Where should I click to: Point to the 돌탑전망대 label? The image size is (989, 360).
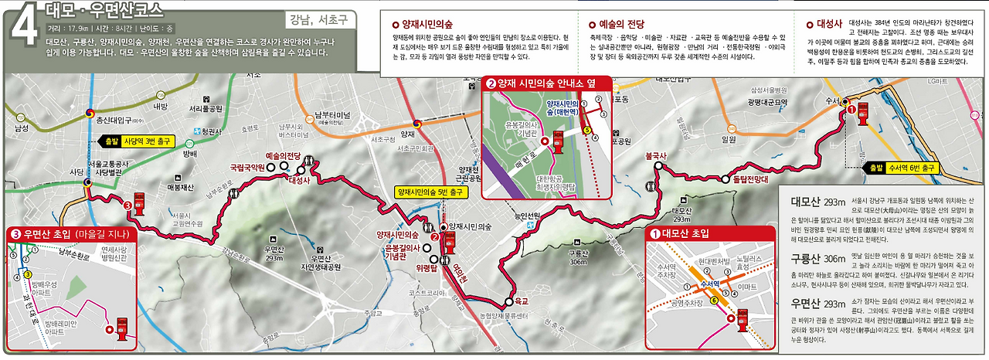coord(754,178)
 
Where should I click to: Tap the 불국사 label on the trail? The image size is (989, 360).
coord(656,155)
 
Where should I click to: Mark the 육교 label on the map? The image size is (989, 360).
coord(522,300)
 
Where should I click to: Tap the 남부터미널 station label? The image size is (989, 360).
coord(333,117)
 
